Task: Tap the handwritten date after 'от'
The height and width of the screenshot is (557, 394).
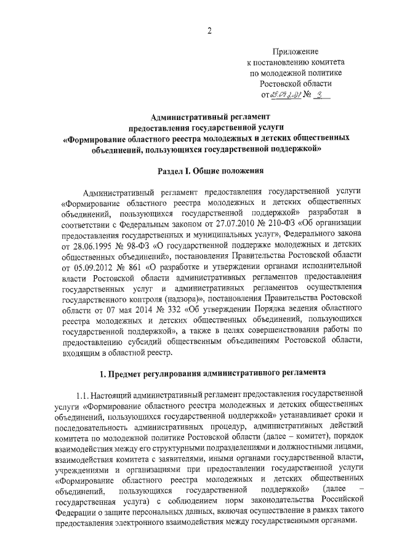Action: click(287, 95)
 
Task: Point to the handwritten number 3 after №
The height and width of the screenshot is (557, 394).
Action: click(320, 94)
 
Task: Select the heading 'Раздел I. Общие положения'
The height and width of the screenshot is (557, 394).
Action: click(209, 170)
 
